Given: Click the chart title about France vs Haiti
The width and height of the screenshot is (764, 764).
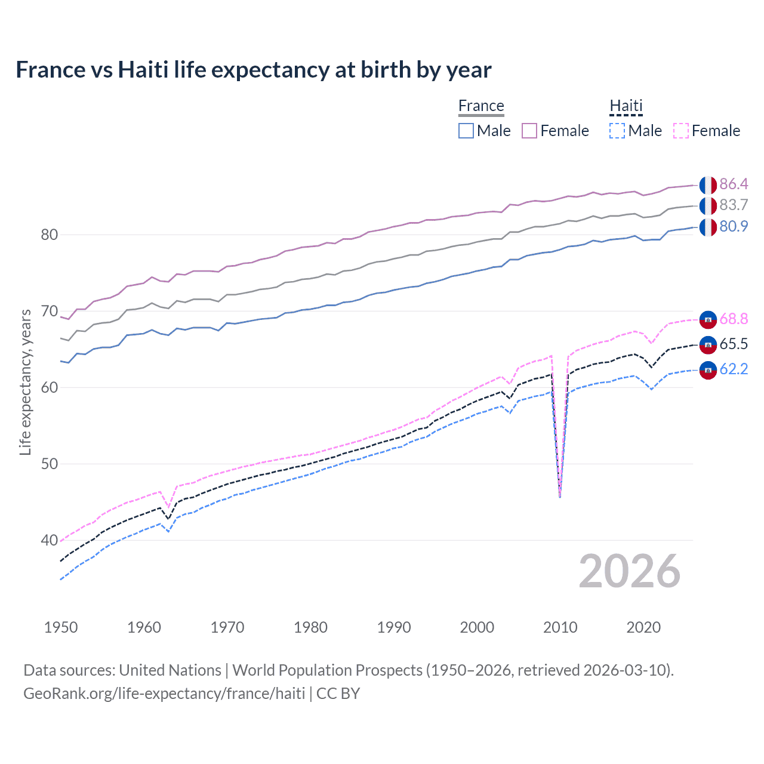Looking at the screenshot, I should click(253, 70).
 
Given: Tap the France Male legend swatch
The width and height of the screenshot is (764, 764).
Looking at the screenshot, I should click(466, 131).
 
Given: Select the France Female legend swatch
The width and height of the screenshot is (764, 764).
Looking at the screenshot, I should click(529, 131).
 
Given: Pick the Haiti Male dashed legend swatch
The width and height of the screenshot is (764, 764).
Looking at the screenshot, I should click(617, 131).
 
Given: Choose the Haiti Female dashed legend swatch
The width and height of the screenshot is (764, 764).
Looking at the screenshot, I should click(681, 131).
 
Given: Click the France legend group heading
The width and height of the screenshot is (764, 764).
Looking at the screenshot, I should click(481, 106).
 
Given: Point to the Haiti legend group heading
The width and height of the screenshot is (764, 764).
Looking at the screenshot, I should click(626, 106).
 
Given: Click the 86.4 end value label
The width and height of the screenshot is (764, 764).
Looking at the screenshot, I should click(734, 184).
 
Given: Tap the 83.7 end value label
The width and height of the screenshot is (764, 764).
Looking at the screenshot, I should click(734, 205).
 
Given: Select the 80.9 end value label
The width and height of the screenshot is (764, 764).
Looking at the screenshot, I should click(734, 227).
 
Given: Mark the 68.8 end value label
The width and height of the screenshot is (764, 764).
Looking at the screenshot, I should click(734, 319).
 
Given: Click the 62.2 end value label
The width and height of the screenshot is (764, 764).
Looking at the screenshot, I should click(734, 369).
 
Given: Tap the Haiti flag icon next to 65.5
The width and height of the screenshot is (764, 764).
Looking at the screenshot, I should click(708, 344).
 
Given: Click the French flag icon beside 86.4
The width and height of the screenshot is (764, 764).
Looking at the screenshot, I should click(708, 185).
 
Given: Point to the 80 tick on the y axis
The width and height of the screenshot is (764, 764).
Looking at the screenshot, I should click(50, 235).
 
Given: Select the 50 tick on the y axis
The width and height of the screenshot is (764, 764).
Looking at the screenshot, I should click(50, 464).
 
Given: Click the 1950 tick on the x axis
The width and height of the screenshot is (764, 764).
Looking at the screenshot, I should click(61, 627).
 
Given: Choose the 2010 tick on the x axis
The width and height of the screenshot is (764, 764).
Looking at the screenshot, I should click(560, 627).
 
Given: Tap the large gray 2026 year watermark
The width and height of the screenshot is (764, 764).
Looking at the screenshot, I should click(629, 571).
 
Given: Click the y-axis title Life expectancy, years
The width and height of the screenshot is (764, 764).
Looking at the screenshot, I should click(25, 382).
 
